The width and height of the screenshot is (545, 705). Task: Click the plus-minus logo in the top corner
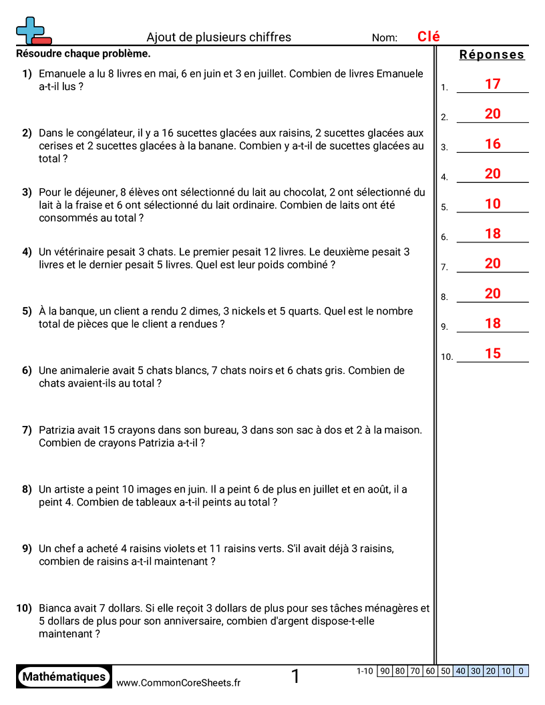[x=33, y=31]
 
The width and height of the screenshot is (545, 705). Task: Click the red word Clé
[x=428, y=37]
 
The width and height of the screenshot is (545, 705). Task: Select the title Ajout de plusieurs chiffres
[x=218, y=37]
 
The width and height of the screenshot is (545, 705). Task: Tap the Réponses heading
[x=492, y=55]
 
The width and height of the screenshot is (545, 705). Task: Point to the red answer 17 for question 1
[x=492, y=84]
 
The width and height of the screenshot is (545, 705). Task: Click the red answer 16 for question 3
[x=492, y=144]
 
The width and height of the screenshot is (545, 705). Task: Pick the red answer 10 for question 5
[x=492, y=204]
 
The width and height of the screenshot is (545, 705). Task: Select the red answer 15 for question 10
[x=492, y=354]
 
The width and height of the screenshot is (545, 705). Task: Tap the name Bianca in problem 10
[x=55, y=608]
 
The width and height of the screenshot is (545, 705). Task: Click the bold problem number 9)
[x=27, y=549]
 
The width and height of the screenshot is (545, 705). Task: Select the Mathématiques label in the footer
[x=64, y=677]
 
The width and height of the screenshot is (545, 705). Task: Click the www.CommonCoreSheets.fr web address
[x=178, y=682]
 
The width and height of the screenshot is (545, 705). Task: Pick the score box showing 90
[x=385, y=672]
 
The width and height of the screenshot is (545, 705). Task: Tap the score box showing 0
[x=521, y=672]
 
